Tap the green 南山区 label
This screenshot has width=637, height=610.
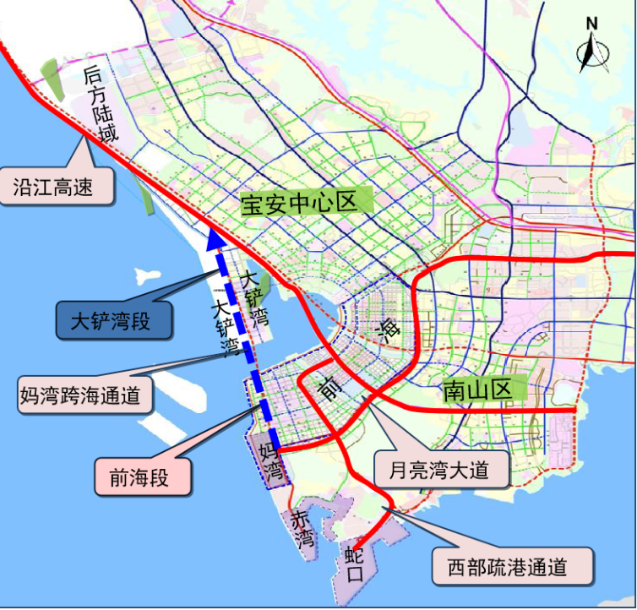pyautogui.click(x=478, y=390)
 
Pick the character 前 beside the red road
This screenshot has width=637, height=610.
pyautogui.click(x=328, y=388)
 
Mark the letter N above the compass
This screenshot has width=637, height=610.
pyautogui.click(x=591, y=24)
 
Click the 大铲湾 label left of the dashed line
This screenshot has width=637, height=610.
pyautogui.click(x=225, y=324)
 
